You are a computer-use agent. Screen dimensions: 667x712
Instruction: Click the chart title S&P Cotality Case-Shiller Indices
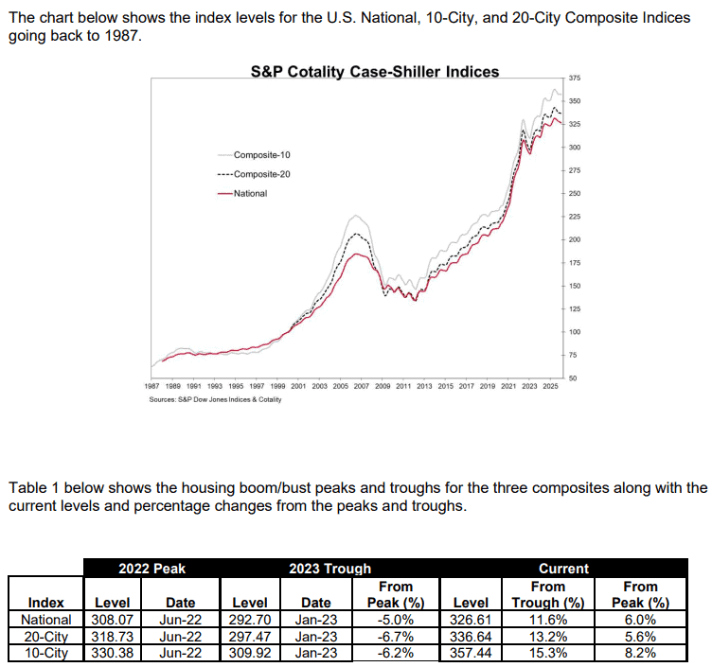point(374,72)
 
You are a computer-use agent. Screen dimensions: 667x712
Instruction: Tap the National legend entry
point(249,194)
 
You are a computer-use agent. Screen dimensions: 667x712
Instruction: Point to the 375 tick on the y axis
point(576,78)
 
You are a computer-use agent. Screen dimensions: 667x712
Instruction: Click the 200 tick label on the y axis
point(576,239)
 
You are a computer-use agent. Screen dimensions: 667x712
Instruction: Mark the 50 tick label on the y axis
point(574,378)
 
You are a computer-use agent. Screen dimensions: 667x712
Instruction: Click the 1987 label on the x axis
point(151,388)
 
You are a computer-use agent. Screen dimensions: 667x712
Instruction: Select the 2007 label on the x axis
point(361,388)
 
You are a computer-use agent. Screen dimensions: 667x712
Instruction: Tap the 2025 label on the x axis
point(549,388)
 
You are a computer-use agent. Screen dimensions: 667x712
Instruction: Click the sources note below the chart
point(215,400)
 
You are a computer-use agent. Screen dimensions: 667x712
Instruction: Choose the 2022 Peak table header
point(151,569)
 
